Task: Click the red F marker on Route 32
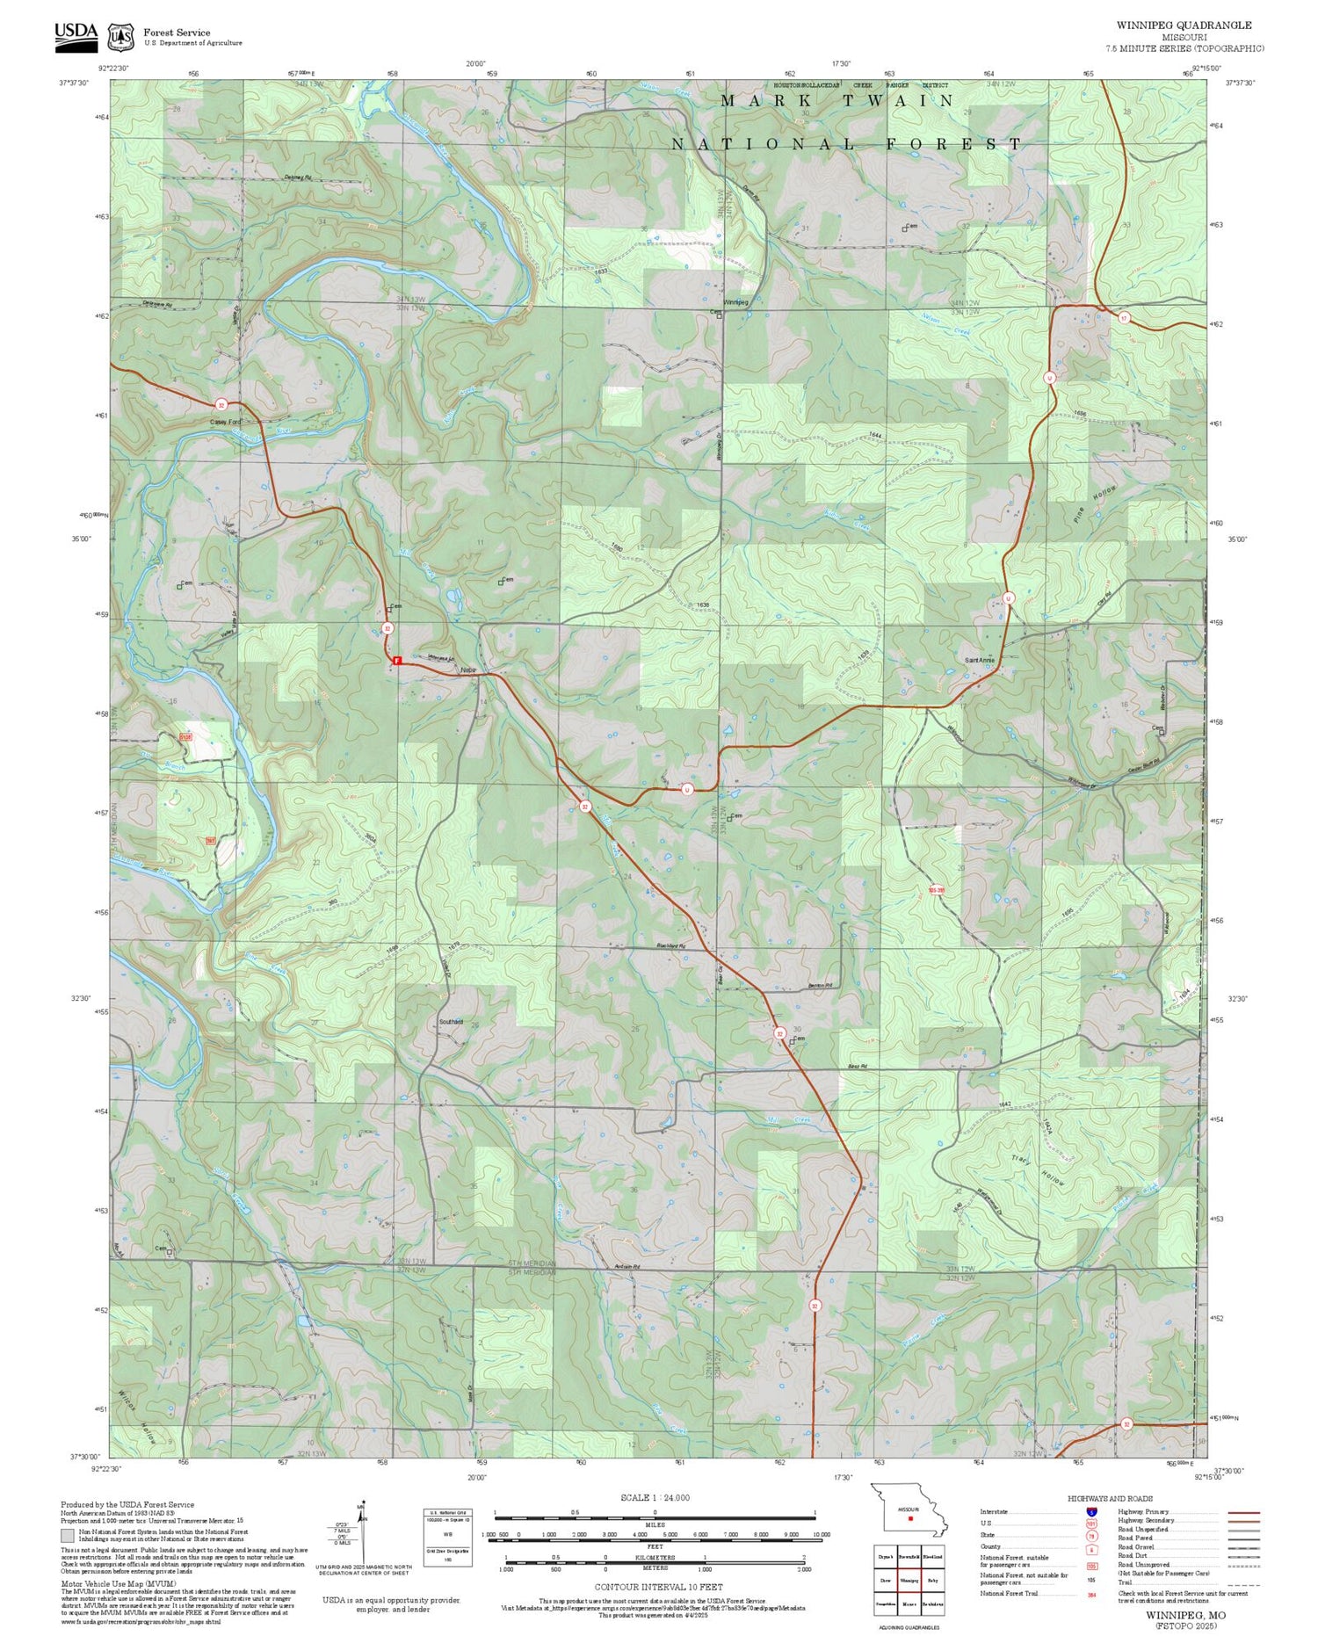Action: (396, 660)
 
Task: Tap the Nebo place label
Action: (467, 670)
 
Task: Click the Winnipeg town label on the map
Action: (735, 302)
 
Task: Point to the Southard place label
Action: (451, 1022)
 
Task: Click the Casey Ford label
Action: (225, 422)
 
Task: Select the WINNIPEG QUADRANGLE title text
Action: (1184, 25)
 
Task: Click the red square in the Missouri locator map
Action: (911, 1517)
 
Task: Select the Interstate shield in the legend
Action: (1090, 1512)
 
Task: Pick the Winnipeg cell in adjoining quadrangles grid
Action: (909, 1579)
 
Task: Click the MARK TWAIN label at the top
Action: (836, 101)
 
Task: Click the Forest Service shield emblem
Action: (120, 37)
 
